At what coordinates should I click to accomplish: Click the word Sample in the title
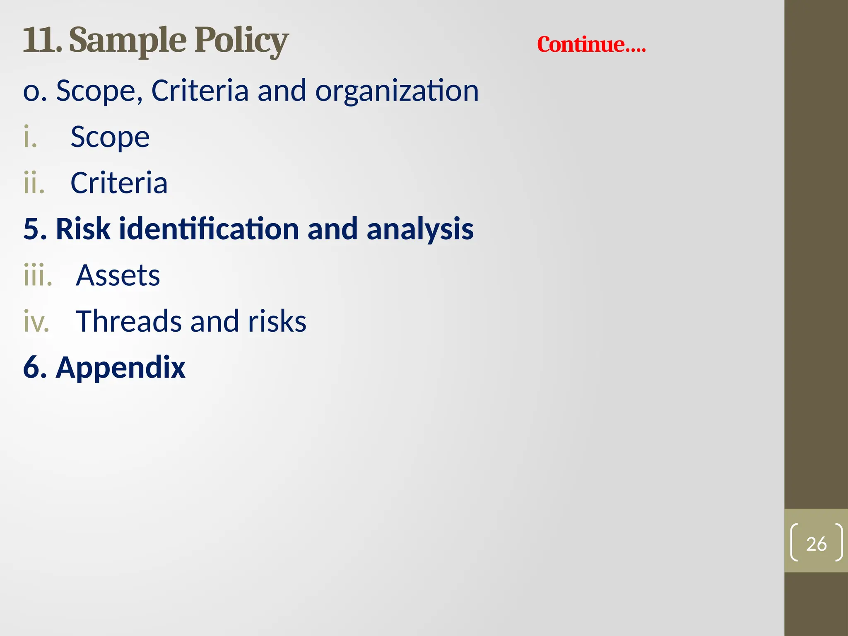point(128,41)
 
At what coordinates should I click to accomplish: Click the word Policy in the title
point(241,41)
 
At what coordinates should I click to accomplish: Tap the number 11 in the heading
point(41,41)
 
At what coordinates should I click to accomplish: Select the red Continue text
point(591,44)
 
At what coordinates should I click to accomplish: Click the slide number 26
point(816,544)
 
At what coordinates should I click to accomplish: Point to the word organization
point(397,91)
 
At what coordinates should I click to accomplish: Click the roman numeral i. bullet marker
point(30,137)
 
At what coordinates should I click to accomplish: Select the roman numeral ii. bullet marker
point(34,183)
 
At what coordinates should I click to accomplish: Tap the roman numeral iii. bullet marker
point(38,275)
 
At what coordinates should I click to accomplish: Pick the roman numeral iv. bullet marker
point(36,321)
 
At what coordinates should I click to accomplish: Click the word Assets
point(118,275)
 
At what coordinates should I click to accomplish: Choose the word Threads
point(129,321)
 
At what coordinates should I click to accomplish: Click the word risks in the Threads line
point(277,321)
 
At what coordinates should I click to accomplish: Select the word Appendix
point(120,368)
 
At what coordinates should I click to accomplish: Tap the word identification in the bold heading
point(209,229)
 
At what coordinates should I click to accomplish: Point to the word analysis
point(420,229)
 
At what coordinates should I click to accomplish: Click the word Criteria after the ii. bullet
point(119,183)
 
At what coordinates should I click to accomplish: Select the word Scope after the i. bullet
point(110,137)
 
